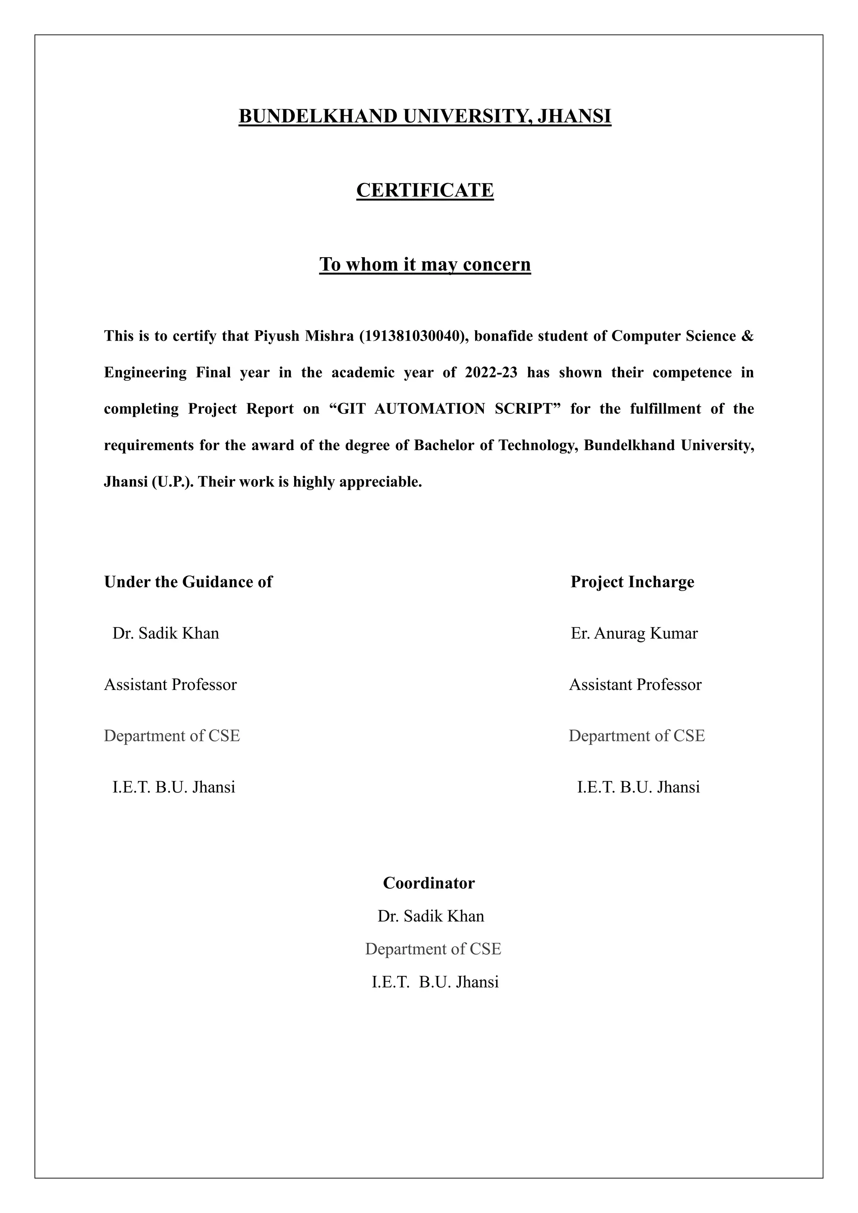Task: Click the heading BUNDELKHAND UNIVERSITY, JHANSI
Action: click(425, 116)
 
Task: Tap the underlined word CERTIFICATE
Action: click(425, 190)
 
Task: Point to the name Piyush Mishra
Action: click(304, 336)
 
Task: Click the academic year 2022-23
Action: click(491, 372)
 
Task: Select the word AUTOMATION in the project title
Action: click(429, 409)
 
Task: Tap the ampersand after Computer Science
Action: click(747, 336)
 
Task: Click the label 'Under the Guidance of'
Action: click(188, 582)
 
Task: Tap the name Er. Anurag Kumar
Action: click(634, 633)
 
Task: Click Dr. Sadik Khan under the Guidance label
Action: click(165, 633)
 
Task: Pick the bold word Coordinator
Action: click(429, 883)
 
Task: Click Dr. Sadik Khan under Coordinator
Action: click(431, 916)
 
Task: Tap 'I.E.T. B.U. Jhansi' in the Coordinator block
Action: click(435, 982)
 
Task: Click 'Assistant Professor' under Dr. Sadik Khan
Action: click(170, 684)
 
